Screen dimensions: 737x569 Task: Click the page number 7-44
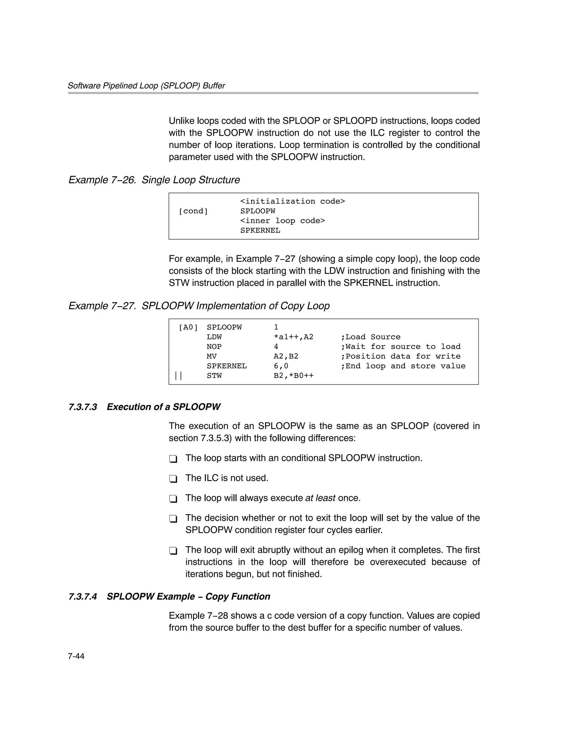(x=76, y=656)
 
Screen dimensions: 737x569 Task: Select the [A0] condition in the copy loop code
(x=188, y=327)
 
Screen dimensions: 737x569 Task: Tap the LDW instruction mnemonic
(x=214, y=337)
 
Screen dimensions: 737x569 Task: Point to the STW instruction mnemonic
(x=214, y=376)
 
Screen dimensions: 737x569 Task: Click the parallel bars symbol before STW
(x=178, y=376)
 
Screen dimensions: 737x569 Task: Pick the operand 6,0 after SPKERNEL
(x=281, y=366)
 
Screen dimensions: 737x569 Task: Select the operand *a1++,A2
(x=293, y=337)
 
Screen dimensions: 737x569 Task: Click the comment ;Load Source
(x=371, y=337)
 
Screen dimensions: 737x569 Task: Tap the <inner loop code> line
(x=282, y=221)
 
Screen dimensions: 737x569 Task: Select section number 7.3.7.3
(x=83, y=407)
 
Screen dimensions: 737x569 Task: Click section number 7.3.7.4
(x=83, y=597)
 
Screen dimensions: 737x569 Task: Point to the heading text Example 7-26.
(x=102, y=180)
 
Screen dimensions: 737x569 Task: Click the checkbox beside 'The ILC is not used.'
(x=173, y=479)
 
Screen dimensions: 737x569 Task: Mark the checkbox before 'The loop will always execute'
(x=173, y=499)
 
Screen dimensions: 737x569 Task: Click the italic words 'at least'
(x=320, y=498)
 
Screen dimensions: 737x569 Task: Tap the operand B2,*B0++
(x=293, y=376)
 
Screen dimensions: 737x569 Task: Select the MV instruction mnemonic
(x=211, y=356)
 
